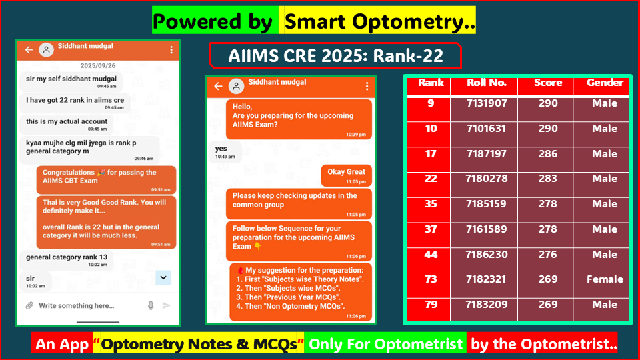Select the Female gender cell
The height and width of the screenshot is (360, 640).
(605, 279)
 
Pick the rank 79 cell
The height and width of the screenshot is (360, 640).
(431, 305)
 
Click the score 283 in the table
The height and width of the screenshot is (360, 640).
(548, 179)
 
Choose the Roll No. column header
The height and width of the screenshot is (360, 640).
(487, 83)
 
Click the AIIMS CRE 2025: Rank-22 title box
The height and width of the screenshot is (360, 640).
(335, 56)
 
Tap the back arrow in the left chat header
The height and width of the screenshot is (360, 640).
(29, 50)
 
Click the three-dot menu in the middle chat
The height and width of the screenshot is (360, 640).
(367, 86)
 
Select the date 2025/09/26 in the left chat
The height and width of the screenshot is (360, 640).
(97, 66)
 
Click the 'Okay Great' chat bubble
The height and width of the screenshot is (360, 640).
(346, 175)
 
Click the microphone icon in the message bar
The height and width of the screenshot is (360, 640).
(151, 305)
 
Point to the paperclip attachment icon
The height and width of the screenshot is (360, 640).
(29, 305)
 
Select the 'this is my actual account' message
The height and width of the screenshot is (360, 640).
(67, 124)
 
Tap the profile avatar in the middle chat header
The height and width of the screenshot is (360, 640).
(237, 86)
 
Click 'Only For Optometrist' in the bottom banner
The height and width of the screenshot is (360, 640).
(385, 344)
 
